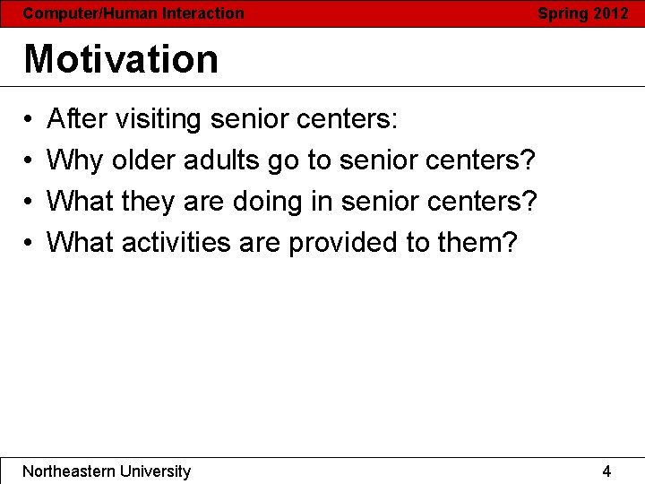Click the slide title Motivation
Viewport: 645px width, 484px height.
121,59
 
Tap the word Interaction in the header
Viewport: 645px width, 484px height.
202,13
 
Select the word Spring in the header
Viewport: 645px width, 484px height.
562,13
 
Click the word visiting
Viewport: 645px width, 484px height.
161,118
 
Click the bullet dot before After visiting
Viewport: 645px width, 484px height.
29,119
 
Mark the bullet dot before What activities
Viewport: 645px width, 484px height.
29,243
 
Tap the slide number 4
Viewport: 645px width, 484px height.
606,471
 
